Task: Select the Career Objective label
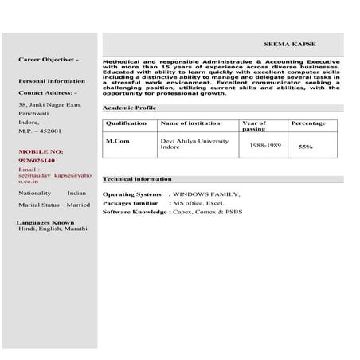(49, 60)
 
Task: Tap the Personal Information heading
(51, 81)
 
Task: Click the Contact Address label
(47, 93)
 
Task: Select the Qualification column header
(126, 123)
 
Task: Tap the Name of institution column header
(189, 123)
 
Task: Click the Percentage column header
(308, 123)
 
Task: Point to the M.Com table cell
(119, 141)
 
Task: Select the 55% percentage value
(305, 147)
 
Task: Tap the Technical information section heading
(137, 179)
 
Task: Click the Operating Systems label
(131, 194)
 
